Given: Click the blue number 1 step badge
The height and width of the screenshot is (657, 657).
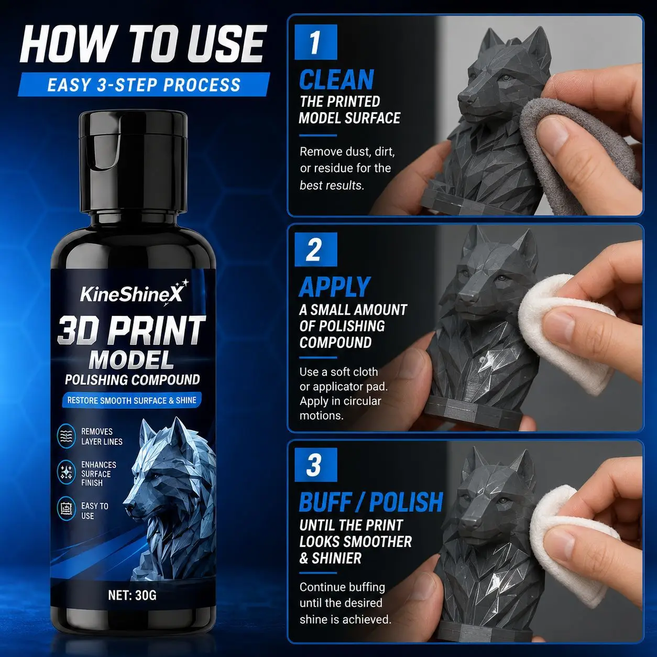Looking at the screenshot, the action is click(x=316, y=42).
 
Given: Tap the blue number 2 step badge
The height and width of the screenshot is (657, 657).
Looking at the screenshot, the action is click(x=316, y=249).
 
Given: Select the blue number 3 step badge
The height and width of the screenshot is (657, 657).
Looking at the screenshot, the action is click(x=316, y=464).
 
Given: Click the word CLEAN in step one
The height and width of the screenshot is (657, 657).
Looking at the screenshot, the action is click(x=336, y=80).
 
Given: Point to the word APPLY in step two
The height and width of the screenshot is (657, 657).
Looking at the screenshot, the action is click(x=334, y=287).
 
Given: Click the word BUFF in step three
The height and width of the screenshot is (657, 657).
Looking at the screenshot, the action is click(x=324, y=502).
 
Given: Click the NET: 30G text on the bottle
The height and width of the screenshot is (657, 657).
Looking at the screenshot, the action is click(x=132, y=595).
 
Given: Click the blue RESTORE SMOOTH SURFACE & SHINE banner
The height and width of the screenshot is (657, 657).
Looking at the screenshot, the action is click(x=132, y=400).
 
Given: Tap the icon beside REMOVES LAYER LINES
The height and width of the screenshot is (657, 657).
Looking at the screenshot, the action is click(x=67, y=436).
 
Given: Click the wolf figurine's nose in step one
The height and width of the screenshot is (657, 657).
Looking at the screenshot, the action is click(x=465, y=98).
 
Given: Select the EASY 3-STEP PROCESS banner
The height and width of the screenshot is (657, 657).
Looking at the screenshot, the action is click(x=144, y=84).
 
